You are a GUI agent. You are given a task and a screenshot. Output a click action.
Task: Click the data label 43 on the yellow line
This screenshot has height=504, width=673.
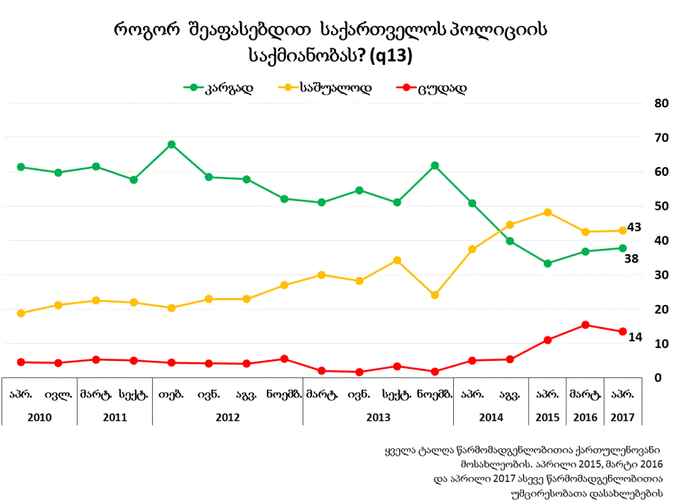coord(634,227)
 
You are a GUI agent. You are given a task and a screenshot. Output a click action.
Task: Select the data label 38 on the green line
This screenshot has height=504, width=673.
coord(631,259)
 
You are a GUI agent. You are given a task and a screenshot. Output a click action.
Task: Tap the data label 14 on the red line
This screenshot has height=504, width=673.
coord(635,337)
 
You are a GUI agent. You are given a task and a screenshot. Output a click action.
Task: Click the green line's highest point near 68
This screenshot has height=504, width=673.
coord(171,145)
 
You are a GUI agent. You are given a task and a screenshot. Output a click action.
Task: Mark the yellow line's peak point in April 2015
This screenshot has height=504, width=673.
coord(548,212)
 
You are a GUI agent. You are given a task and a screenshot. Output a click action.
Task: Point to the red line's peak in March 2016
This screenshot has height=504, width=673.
coord(586,325)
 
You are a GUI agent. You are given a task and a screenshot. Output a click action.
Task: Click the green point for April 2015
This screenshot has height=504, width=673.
coord(548,263)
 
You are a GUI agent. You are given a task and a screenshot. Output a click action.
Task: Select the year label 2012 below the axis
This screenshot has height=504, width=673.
coord(227,417)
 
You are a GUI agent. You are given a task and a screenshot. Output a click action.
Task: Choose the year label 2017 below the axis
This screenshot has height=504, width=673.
coord(623,417)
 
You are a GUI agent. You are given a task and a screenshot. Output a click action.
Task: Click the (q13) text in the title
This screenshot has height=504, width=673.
coord(391,55)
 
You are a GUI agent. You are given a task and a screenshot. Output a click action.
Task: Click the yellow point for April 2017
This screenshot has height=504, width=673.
coord(623,230)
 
